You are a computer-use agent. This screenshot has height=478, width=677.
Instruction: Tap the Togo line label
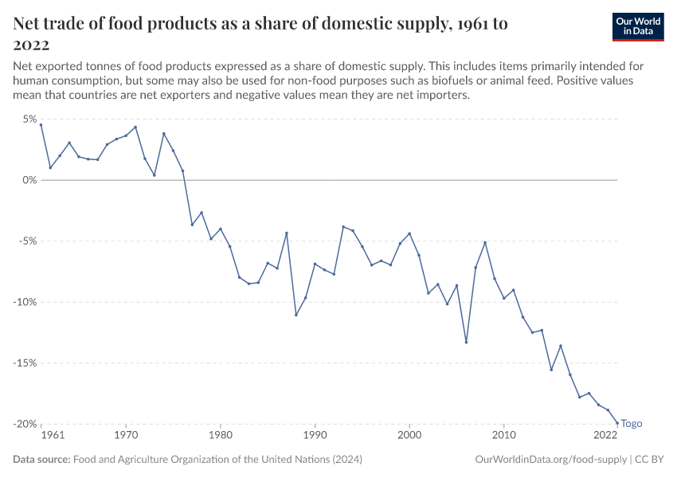click(x=631, y=424)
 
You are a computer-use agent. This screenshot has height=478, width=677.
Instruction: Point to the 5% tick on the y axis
click(x=29, y=119)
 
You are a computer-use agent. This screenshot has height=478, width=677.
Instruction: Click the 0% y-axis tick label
click(x=29, y=180)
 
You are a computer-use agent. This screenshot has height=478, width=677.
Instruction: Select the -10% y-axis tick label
click(x=25, y=302)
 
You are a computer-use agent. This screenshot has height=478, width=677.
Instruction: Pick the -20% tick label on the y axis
click(x=25, y=424)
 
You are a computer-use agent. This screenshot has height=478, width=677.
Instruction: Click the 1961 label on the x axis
click(x=52, y=436)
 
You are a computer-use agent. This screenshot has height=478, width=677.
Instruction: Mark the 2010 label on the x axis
click(x=503, y=436)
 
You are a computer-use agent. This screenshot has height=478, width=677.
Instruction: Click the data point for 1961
click(x=41, y=125)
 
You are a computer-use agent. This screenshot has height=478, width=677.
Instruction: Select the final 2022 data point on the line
click(x=617, y=423)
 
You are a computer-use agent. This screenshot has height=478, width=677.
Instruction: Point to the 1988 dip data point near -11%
click(x=296, y=315)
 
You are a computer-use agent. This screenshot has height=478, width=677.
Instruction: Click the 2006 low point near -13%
click(x=466, y=343)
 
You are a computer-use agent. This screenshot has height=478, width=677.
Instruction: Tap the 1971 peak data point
click(x=135, y=127)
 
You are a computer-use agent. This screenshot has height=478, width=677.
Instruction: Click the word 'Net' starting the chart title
click(x=28, y=24)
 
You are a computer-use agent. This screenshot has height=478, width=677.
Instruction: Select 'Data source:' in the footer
click(x=42, y=460)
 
